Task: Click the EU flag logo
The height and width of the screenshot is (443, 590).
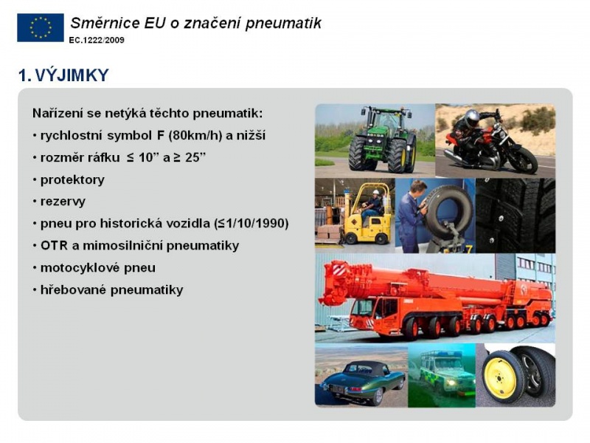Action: pyautogui.click(x=41, y=27)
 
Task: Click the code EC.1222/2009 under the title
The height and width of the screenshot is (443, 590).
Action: pyautogui.click(x=97, y=40)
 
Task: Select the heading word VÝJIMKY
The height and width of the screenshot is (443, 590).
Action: pyautogui.click(x=72, y=75)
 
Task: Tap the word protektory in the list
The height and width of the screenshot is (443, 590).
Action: pyautogui.click(x=72, y=180)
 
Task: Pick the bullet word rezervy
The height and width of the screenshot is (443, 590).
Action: pyautogui.click(x=63, y=202)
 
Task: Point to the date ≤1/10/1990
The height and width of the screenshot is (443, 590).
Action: pyautogui.click(x=251, y=224)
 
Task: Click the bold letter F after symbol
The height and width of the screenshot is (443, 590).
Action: pyautogui.click(x=161, y=135)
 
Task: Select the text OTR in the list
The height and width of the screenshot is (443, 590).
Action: pyautogui.click(x=54, y=246)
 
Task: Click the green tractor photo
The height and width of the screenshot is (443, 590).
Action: pyautogui.click(x=375, y=140)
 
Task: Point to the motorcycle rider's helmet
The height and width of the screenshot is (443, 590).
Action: pyautogui.click(x=472, y=119)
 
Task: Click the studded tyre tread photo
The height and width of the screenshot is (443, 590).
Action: pyautogui.click(x=516, y=216)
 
